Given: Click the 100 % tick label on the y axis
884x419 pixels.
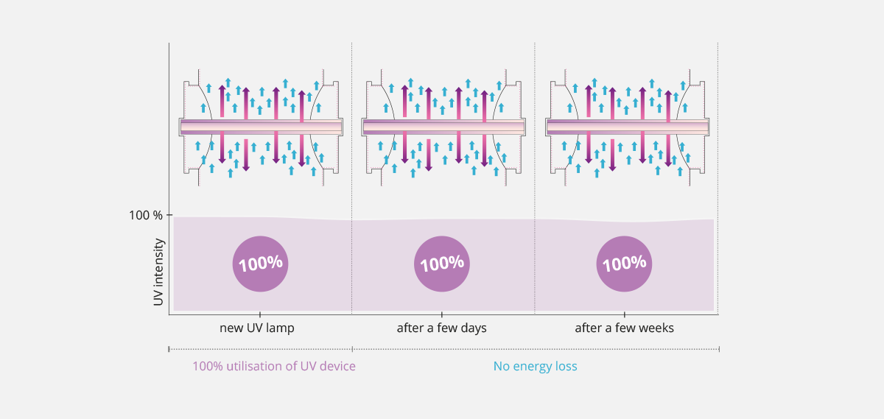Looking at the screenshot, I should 145,215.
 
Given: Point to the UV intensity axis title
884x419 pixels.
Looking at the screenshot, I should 158,272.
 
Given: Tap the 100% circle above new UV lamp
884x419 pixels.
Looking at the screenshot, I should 260,264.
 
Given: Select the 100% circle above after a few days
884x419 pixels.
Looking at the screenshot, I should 442,264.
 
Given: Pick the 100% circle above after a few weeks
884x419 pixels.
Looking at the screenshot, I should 624,264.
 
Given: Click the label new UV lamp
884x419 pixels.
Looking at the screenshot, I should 257,328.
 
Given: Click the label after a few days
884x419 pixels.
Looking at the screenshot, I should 442,328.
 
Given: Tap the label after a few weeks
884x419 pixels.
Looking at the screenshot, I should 624,328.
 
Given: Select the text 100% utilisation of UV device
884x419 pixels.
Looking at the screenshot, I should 274,366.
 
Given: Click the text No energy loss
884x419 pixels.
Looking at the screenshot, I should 535,366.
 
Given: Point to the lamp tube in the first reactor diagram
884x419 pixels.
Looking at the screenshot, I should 261,127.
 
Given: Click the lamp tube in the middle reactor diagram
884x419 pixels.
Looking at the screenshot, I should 443,127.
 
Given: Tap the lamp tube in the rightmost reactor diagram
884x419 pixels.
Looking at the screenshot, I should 627,127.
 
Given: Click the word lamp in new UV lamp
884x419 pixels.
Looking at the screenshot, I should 281,328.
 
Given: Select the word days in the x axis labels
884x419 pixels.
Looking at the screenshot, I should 473,328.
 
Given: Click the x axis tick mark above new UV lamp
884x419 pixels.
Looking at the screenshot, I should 260,314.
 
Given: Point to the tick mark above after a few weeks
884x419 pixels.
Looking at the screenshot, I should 624,314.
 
